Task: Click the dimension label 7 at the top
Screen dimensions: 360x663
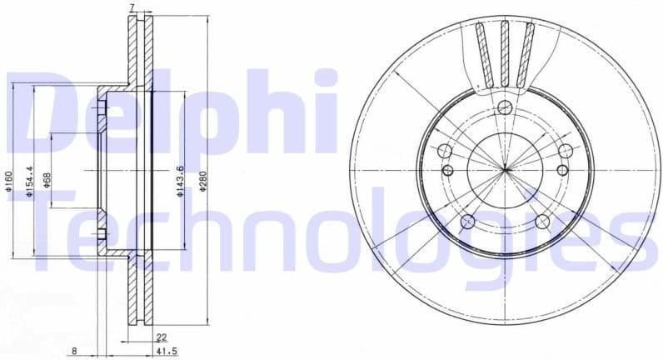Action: [x=132, y=7]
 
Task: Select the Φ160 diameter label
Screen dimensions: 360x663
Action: [x=7, y=181]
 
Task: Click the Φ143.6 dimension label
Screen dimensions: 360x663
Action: [x=180, y=181]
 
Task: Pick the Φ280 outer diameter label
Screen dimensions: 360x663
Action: [x=202, y=181]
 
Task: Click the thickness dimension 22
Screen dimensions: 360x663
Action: [x=161, y=337]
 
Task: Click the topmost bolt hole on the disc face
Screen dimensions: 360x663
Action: [x=505, y=107]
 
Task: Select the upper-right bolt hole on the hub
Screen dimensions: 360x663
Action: [x=566, y=151]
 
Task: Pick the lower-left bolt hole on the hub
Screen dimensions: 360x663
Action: [x=467, y=222]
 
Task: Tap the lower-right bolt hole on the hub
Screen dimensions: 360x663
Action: [x=542, y=222]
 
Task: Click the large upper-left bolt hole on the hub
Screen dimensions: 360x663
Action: [x=444, y=152]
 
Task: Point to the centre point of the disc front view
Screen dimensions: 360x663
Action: [x=505, y=170]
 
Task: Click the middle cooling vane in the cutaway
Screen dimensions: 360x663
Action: [x=505, y=53]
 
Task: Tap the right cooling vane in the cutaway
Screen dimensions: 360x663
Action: [x=526, y=54]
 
